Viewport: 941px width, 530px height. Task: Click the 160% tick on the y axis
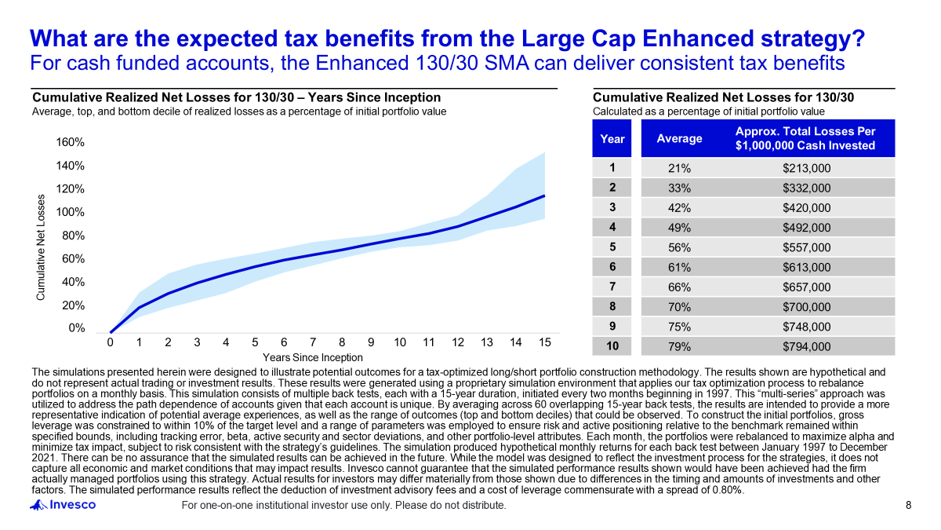(70, 143)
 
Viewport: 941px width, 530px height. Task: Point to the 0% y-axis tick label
(75, 328)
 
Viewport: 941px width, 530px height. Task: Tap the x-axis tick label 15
(544, 343)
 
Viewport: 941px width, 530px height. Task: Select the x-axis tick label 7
(313, 343)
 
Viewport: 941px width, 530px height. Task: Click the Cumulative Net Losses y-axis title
(41, 247)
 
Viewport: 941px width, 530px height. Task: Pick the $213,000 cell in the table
(806, 168)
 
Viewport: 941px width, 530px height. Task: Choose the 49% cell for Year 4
(678, 228)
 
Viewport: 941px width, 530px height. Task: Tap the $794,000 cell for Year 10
(806, 346)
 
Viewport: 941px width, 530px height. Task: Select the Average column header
(679, 139)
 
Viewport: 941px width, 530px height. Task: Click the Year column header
(612, 139)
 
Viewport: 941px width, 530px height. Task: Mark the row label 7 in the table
(612, 287)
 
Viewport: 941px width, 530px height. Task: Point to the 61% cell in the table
(678, 267)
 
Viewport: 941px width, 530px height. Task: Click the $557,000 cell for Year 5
(806, 247)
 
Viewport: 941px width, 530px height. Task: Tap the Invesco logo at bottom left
(63, 505)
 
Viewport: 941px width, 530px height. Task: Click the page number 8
(909, 505)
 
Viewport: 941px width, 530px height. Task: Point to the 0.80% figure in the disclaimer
(722, 491)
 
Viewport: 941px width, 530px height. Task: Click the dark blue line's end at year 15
(544, 196)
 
